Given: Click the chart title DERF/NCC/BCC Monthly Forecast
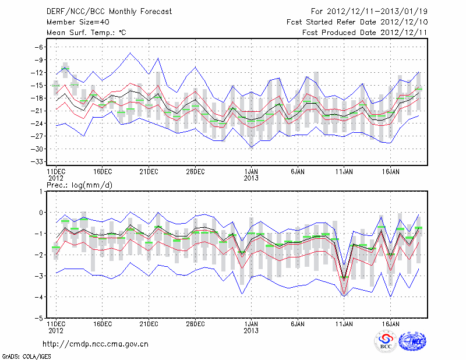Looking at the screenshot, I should (x=104, y=11).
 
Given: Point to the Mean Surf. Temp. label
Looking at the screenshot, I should (x=86, y=33).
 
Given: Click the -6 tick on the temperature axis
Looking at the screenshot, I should (x=40, y=47).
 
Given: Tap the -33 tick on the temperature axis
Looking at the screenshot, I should (x=38, y=161).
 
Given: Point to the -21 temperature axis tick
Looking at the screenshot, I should (x=38, y=111).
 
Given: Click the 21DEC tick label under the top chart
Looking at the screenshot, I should (x=149, y=172).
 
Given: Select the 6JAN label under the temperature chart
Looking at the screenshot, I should (x=298, y=172).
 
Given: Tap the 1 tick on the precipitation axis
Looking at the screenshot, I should (x=42, y=191).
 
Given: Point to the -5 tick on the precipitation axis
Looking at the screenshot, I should (x=40, y=319).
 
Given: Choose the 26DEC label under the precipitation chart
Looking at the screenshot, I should (x=195, y=323).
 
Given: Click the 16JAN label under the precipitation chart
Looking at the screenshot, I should (x=391, y=323).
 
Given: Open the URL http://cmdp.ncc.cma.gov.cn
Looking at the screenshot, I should (x=96, y=344).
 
